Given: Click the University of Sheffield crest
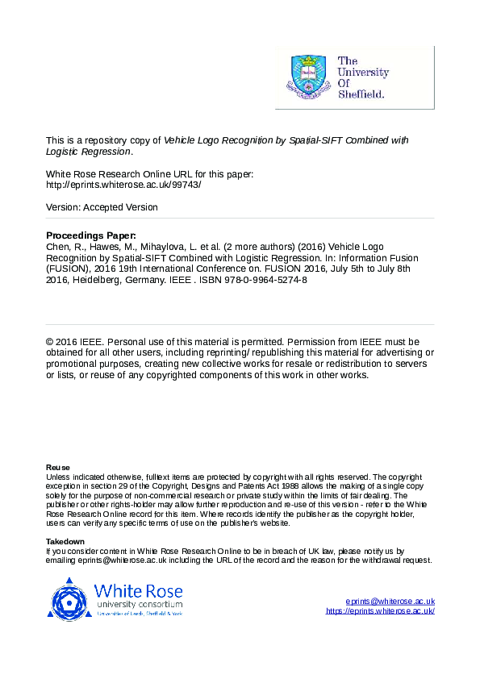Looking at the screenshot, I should tap(307, 76).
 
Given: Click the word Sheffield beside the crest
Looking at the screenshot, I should tap(362, 94).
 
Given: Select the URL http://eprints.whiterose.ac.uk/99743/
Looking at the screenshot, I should tap(123, 185).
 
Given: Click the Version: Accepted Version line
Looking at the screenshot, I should tap(102, 207).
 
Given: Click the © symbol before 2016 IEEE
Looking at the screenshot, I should tap(50, 341).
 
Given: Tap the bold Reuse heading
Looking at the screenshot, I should tap(58, 468).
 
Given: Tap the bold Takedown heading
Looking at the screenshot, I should tap(65, 541).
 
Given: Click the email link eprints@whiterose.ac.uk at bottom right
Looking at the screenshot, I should tap(390, 602).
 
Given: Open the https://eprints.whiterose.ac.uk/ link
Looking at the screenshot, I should tap(380, 611).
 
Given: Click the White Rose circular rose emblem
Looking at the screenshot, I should tap(70, 598).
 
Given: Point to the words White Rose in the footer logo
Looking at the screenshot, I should tap(138, 590).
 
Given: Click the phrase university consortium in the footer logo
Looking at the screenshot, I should tap(138, 603).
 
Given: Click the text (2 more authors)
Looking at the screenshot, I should tap(260, 247).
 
